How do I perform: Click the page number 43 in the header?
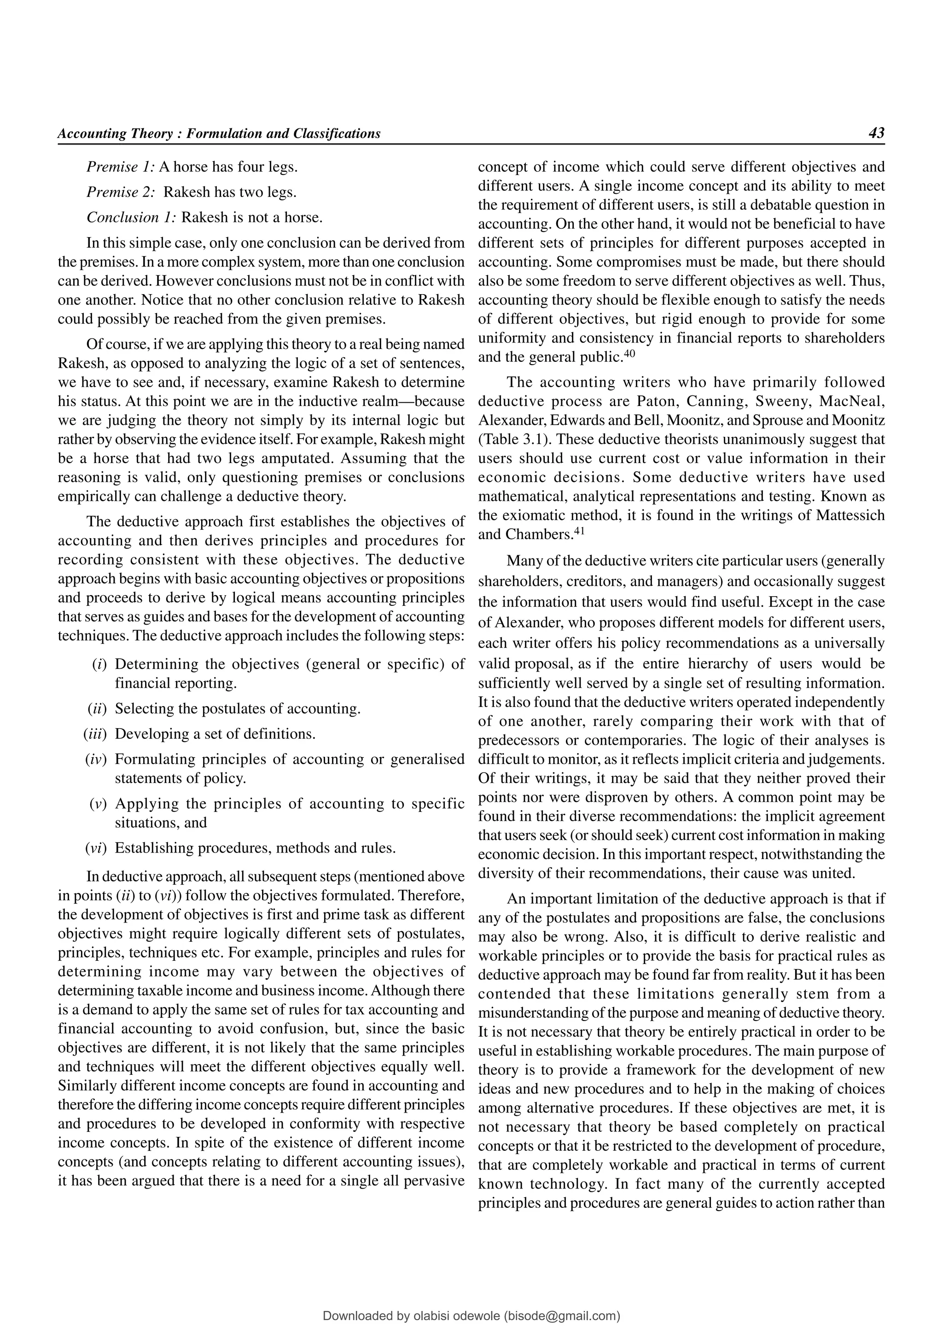click(x=876, y=133)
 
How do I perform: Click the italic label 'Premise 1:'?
click(x=120, y=168)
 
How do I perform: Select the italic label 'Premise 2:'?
click(x=120, y=192)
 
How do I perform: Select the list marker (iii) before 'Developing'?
click(x=96, y=734)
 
